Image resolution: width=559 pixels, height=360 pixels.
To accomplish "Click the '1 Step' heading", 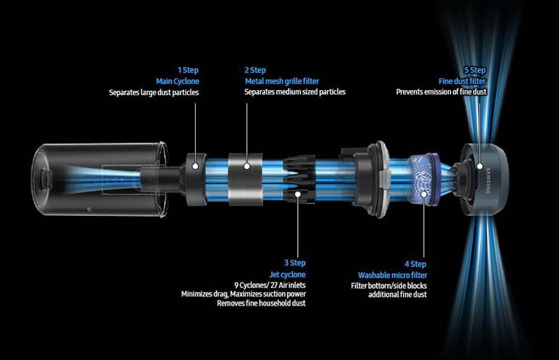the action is (188, 70).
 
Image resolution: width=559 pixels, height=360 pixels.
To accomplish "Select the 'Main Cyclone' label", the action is (177, 81).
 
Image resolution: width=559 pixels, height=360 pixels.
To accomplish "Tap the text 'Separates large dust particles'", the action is (154, 92).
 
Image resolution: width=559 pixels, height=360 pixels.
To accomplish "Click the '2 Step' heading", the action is (255, 70).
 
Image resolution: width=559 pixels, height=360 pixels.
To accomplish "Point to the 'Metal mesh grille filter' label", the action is (282, 81).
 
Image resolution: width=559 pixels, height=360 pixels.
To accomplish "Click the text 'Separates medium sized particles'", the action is (295, 92).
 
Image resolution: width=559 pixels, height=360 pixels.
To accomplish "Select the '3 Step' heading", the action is (295, 263).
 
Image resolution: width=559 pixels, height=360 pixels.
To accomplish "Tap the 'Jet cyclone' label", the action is (287, 275).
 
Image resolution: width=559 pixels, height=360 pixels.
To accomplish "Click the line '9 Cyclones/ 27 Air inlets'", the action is (270, 285).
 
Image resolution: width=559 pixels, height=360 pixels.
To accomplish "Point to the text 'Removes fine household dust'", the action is (261, 303).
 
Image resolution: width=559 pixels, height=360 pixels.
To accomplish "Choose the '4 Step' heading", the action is (415, 264).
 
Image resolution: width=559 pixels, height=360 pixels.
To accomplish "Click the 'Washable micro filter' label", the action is (393, 275).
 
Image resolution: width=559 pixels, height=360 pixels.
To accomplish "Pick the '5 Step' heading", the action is (475, 70).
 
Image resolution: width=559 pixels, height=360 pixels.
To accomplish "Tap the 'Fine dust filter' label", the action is (463, 81).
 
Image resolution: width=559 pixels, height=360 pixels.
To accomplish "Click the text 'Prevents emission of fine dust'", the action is (442, 92).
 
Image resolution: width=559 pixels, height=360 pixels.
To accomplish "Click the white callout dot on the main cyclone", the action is (195, 166).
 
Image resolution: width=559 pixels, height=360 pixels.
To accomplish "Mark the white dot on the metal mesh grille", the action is (247, 166).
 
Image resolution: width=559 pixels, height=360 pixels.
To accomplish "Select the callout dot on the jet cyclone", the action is (298, 194).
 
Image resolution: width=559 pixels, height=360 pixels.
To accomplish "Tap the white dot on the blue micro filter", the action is (424, 194).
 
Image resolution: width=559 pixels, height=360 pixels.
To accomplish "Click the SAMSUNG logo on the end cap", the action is (488, 180).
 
